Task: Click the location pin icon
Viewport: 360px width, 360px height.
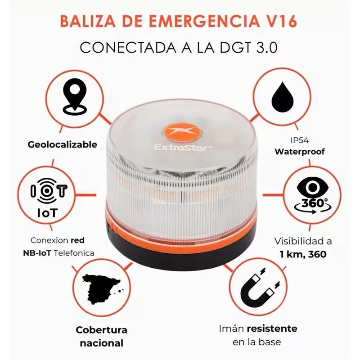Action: point(75,95)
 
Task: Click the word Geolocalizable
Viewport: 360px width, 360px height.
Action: point(62,144)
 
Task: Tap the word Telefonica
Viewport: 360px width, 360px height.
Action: point(74,253)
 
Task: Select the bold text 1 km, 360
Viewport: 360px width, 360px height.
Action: point(302,254)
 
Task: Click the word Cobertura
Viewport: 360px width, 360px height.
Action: point(102,330)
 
